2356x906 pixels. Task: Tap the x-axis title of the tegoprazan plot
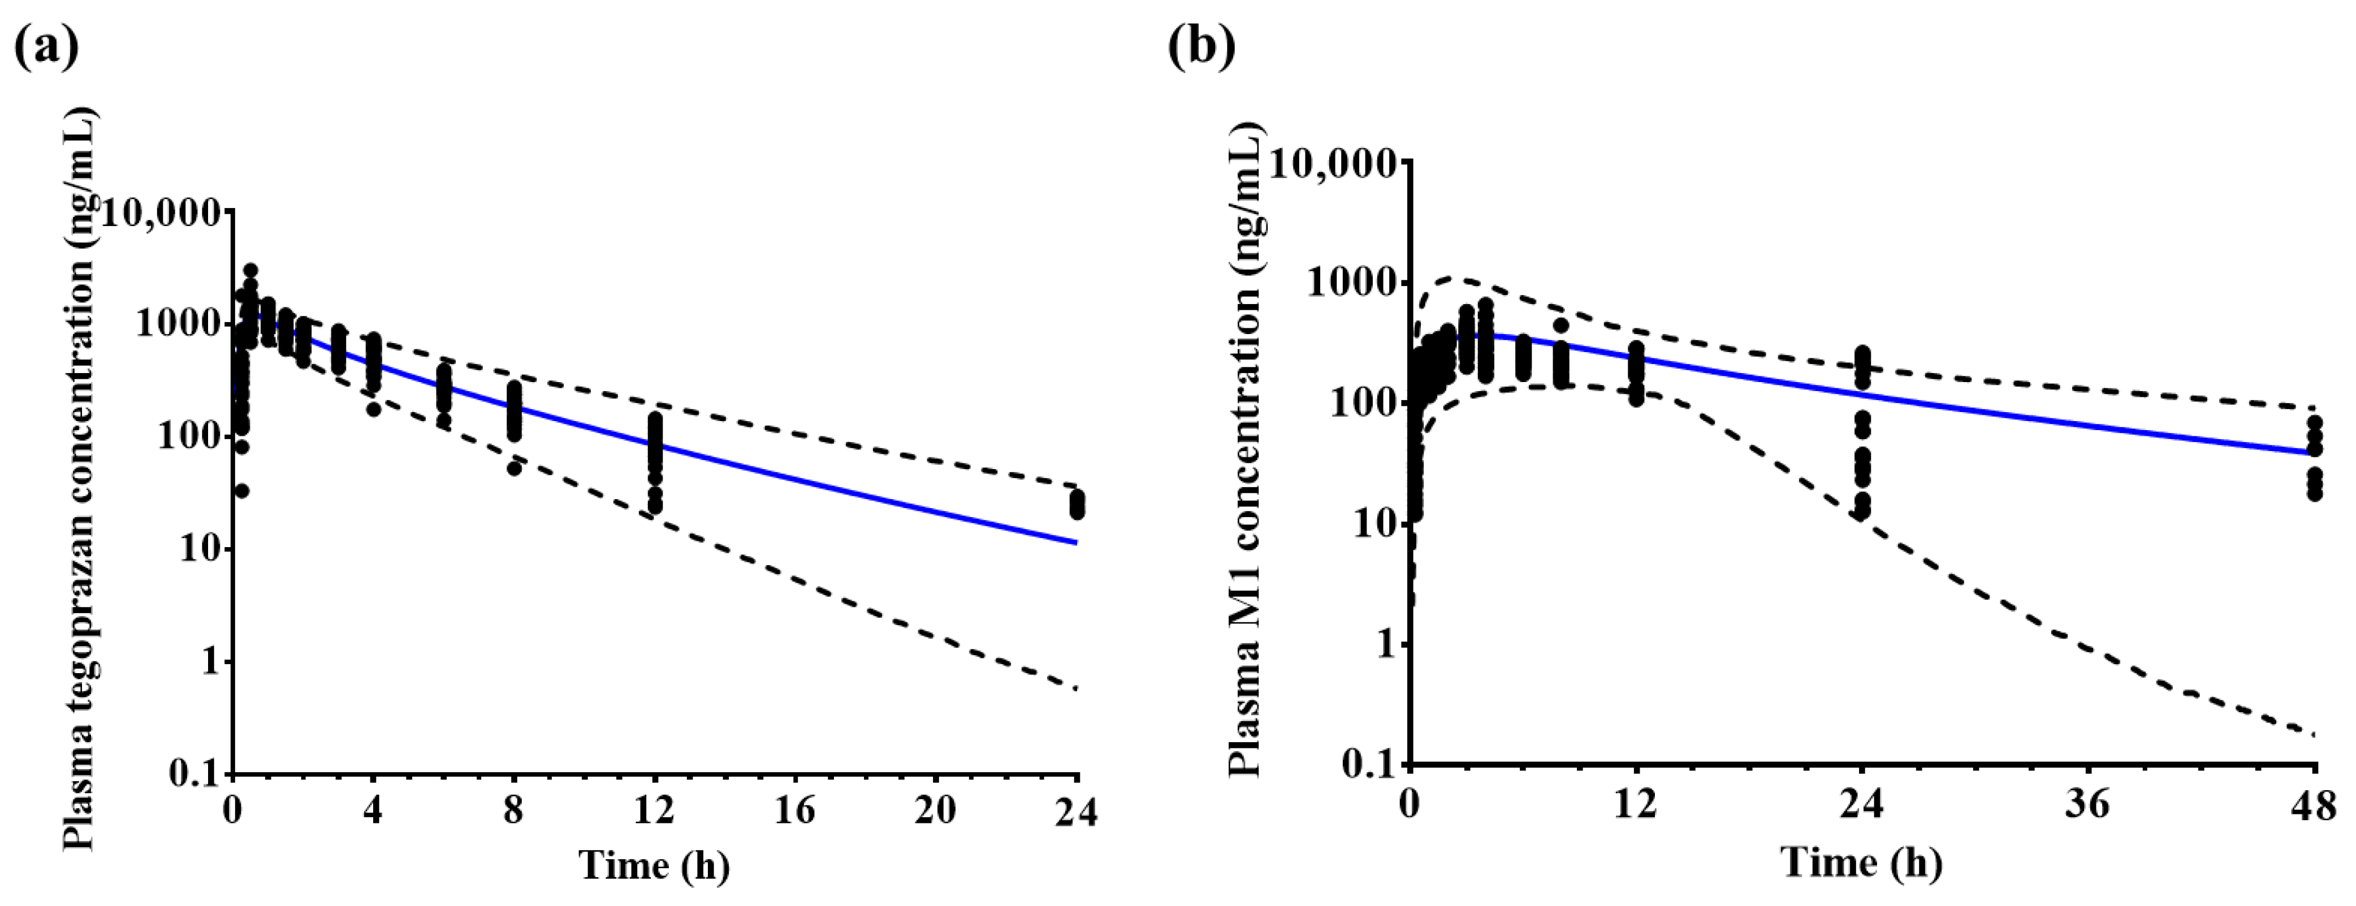[x=654, y=864]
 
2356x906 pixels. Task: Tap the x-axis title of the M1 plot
[x=1861, y=862]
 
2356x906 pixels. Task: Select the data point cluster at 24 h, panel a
[x=1078, y=504]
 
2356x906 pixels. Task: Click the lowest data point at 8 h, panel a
[x=514, y=468]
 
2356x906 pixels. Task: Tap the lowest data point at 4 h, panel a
[x=373, y=409]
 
